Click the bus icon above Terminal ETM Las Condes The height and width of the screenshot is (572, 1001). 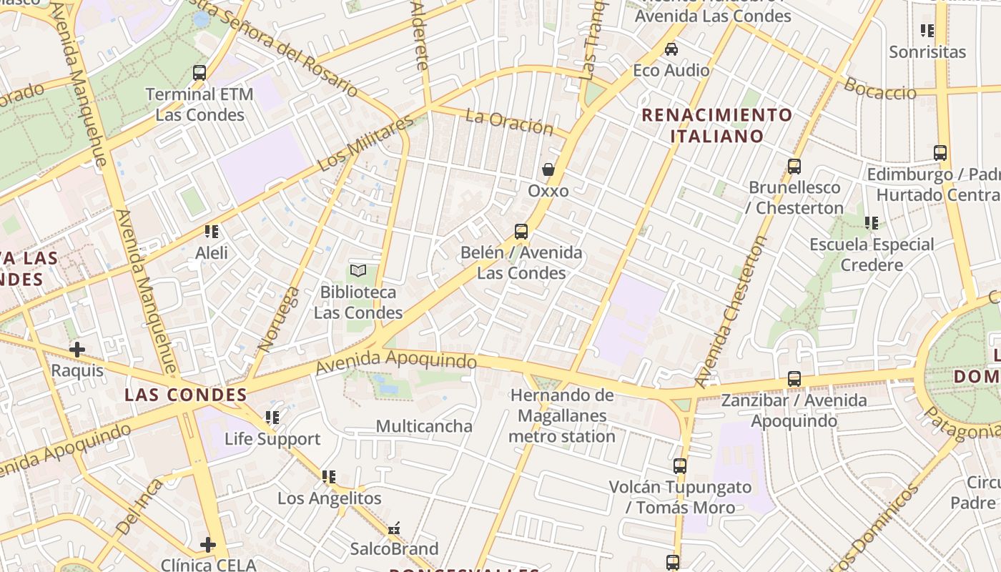click(x=199, y=72)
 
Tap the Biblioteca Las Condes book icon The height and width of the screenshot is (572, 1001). click(x=358, y=270)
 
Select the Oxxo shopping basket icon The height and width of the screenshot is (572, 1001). click(x=548, y=169)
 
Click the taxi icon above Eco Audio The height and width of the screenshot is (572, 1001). click(x=671, y=49)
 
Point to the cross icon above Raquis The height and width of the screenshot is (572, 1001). click(x=77, y=350)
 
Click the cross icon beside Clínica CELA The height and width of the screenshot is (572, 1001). click(x=208, y=545)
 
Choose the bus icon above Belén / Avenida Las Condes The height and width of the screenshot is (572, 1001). click(x=521, y=232)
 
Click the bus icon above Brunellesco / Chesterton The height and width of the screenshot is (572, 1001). click(x=794, y=167)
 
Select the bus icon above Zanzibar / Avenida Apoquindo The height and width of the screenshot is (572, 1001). click(x=794, y=379)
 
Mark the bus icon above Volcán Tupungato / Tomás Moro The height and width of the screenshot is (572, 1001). click(x=680, y=466)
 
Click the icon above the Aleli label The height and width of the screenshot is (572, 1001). click(x=212, y=232)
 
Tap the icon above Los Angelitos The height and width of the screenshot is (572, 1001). click(x=329, y=477)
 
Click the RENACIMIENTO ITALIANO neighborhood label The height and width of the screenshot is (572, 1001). click(x=717, y=125)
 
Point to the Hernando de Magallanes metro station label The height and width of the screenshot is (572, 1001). click(x=562, y=415)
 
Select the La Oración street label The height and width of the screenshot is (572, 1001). click(x=509, y=122)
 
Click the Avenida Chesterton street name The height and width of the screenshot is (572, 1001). click(x=730, y=311)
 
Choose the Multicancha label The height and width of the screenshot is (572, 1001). click(x=424, y=426)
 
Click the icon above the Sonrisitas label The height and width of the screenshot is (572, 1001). click(x=927, y=31)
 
